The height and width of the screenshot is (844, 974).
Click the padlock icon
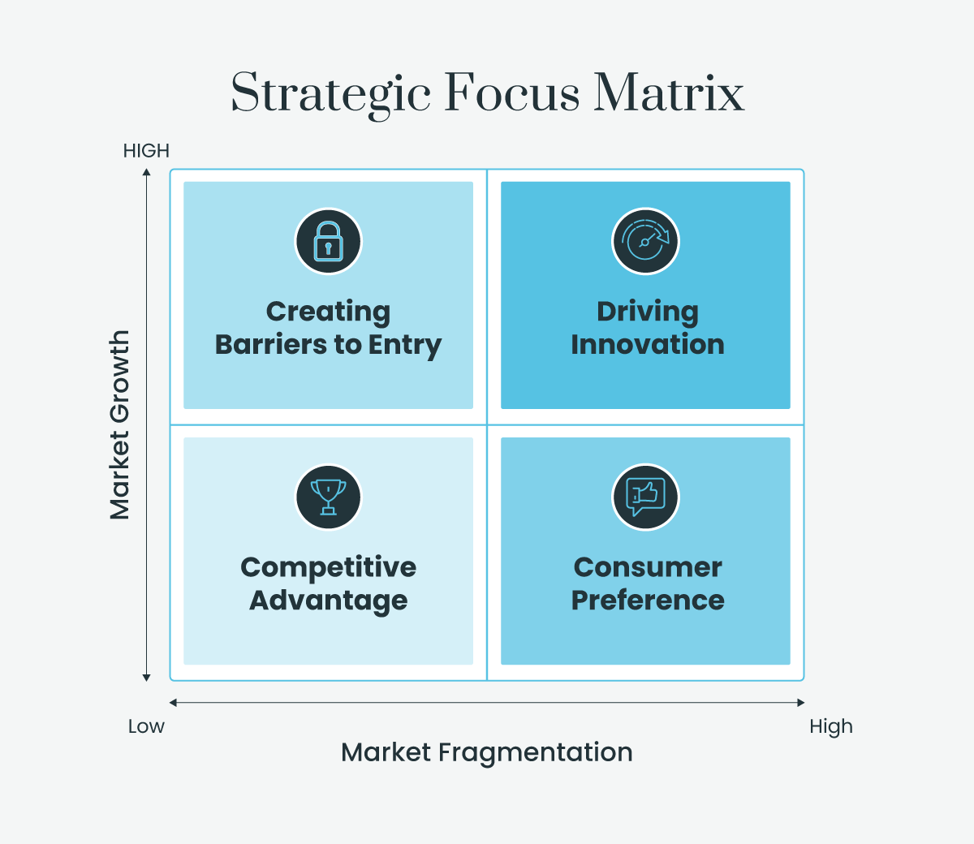[x=328, y=241]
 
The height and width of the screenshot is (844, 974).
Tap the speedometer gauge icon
[x=645, y=241]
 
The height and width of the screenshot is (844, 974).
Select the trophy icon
[x=328, y=497]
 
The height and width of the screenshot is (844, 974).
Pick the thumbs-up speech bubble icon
[x=645, y=497]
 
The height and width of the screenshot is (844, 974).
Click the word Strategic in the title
[x=330, y=93]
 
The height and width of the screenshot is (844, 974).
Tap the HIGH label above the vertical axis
[x=146, y=151]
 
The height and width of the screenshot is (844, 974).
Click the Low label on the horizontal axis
[x=146, y=726]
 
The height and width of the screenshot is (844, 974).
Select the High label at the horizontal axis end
[x=830, y=726]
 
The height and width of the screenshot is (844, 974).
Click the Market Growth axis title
[x=120, y=424]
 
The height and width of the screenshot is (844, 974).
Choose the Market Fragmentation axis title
[x=486, y=752]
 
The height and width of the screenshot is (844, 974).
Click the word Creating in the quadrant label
[x=328, y=312]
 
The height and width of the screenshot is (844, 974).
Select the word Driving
[x=647, y=312]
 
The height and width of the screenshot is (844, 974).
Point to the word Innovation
[x=647, y=344]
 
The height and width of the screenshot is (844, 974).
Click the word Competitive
[x=328, y=567]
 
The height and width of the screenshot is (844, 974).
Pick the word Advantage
[x=328, y=601]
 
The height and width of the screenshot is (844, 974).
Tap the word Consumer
[x=647, y=567]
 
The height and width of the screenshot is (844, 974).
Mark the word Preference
[x=647, y=601]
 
